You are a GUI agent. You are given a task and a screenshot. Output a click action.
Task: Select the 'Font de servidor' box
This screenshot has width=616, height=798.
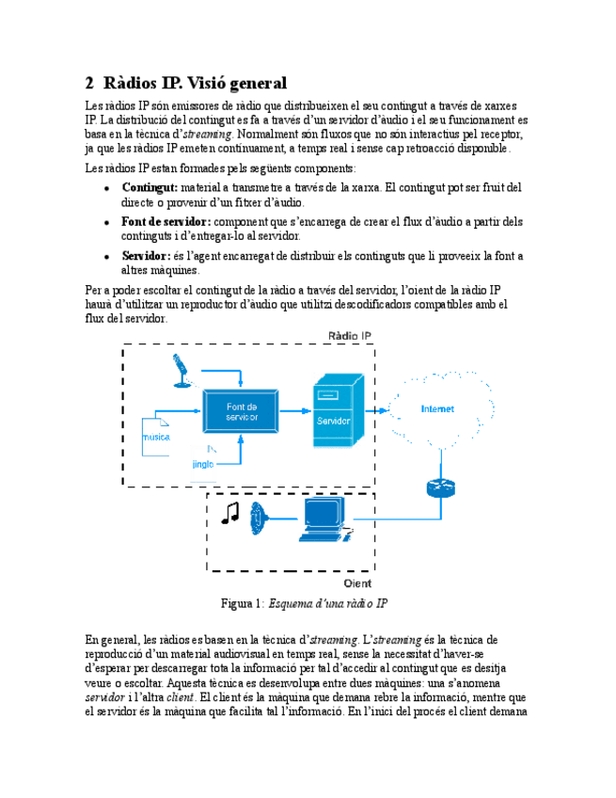coord(242,411)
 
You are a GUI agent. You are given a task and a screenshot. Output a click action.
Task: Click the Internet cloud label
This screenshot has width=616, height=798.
coord(437,409)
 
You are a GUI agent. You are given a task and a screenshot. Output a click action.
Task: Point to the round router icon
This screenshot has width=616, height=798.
coord(439,487)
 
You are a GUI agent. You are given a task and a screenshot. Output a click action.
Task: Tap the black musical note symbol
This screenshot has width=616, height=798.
coord(229,512)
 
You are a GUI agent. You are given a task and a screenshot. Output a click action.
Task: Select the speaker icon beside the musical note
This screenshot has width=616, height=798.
coord(260,518)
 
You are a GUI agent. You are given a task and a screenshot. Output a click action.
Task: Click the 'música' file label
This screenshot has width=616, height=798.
coord(156,438)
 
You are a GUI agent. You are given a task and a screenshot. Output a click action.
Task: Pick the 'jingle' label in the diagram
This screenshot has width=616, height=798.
coord(202,464)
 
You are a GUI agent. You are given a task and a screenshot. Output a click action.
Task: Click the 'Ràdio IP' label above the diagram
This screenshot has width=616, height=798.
coord(350,336)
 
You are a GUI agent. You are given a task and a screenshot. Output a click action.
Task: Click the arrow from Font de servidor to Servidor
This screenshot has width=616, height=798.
coord(298,411)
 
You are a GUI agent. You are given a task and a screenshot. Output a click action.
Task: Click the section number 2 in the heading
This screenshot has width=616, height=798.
coord(89,83)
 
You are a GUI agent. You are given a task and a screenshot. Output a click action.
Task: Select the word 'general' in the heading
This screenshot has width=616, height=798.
coord(249,83)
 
